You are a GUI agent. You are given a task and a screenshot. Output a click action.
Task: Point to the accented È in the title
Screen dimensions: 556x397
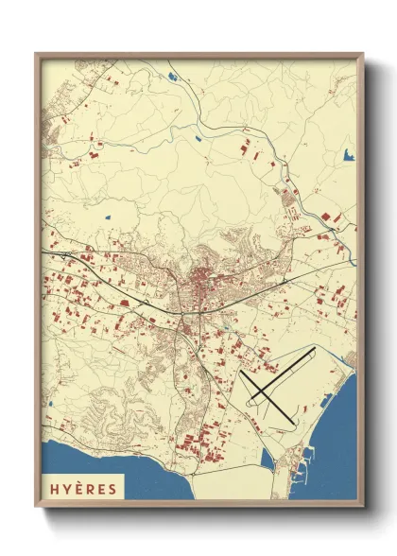pyautogui.click(x=82, y=489)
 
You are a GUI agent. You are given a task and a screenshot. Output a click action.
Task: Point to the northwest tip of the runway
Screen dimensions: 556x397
pyautogui.click(x=242, y=370)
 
